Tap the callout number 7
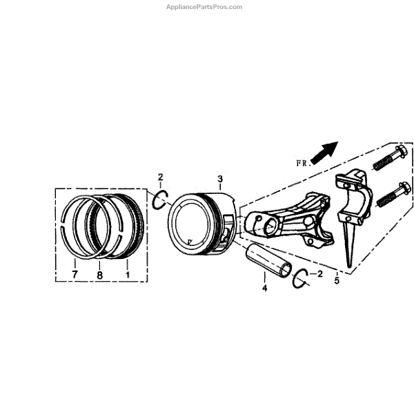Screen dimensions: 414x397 (74, 275)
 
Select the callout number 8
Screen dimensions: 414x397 (99, 275)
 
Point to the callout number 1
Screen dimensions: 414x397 (127, 275)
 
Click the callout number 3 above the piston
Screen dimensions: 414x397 (219, 180)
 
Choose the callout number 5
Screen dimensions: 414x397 (336, 280)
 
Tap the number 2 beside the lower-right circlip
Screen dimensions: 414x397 (319, 274)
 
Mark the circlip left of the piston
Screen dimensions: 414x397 (159, 201)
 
